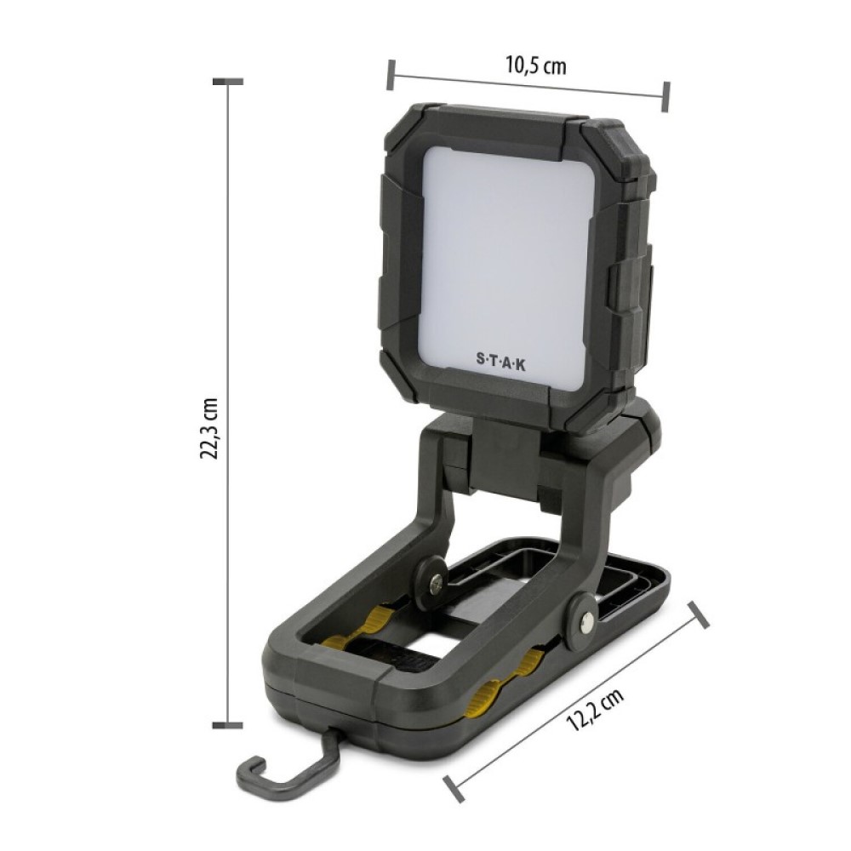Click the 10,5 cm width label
click(x=535, y=66)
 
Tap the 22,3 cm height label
click(x=208, y=429)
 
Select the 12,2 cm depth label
click(x=595, y=708)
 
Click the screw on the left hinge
click(x=435, y=585)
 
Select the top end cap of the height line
click(x=227, y=82)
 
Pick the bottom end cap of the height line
click(x=227, y=725)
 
